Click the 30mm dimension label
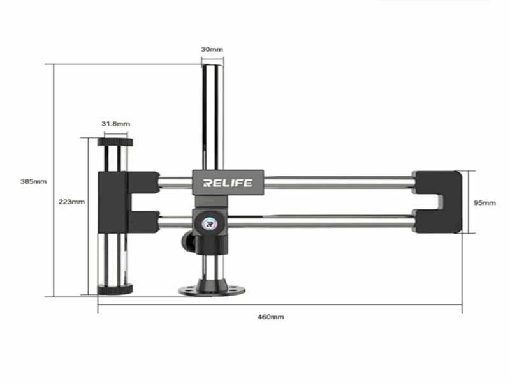[x=212, y=49]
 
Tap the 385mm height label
[x=33, y=181]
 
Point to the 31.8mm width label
[x=115, y=123]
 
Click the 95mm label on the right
[x=485, y=202]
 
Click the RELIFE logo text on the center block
[x=228, y=183]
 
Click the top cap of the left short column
[x=115, y=142]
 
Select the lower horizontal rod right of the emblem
[x=319, y=223]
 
